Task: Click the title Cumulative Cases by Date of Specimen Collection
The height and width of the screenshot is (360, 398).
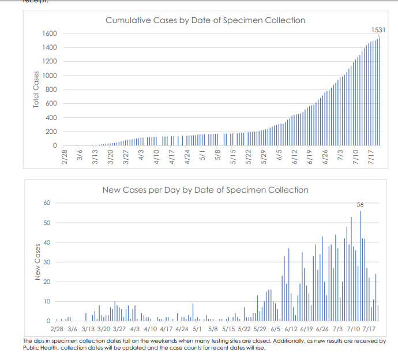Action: coord(205,20)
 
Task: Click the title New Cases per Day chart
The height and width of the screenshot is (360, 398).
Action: coord(205,189)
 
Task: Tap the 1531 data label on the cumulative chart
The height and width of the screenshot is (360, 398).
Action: coord(378,29)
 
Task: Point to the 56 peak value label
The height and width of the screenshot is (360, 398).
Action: coord(360,204)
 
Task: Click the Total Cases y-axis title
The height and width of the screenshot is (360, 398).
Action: coord(36,89)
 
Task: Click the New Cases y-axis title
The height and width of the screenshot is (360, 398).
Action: coord(38,262)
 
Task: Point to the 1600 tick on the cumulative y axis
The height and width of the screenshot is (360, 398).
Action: coord(48,33)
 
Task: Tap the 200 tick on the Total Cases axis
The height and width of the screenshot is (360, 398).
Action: coord(51,132)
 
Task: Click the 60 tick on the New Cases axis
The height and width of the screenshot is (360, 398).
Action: coord(47,203)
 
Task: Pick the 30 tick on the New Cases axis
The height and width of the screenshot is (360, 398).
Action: coord(47,262)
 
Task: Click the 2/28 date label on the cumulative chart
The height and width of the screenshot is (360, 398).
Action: coord(65,158)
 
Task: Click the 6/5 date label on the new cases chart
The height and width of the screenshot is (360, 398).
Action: coord(275,328)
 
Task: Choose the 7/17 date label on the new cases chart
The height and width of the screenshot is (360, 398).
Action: coord(369,328)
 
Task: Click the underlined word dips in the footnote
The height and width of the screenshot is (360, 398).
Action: coord(36,341)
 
